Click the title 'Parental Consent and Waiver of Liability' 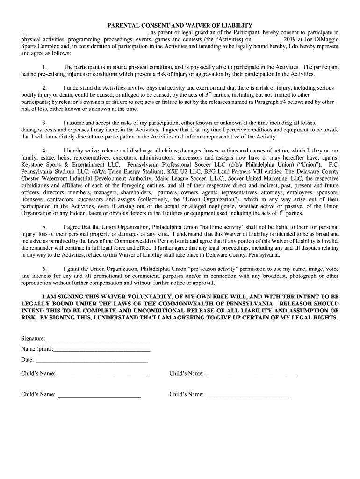pos(180,25)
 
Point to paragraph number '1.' pos(44,67)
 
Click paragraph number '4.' pos(44,151)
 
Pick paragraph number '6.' pos(44,269)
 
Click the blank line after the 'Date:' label pos(92,361)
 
